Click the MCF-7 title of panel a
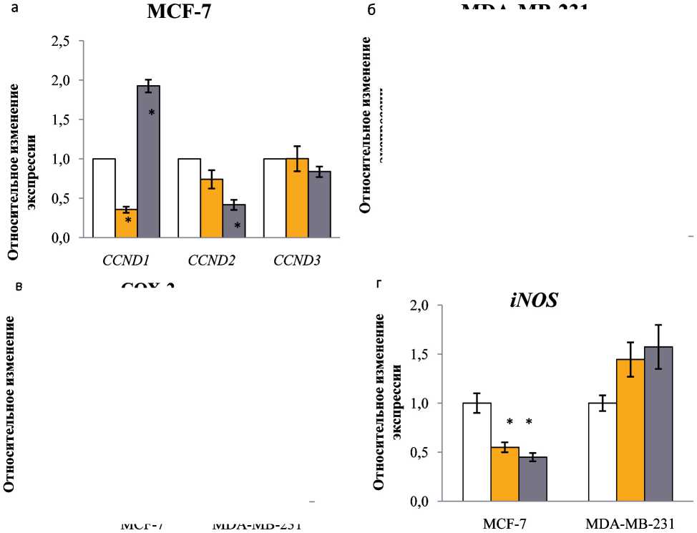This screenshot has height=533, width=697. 178,12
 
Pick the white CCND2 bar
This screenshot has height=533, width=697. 190,198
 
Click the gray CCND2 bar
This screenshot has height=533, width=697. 233,221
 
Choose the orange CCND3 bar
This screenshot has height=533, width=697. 297,198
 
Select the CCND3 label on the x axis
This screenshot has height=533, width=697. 296,260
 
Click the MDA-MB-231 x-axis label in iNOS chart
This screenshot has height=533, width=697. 630,524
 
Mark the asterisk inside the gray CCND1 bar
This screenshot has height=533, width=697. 152,113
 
